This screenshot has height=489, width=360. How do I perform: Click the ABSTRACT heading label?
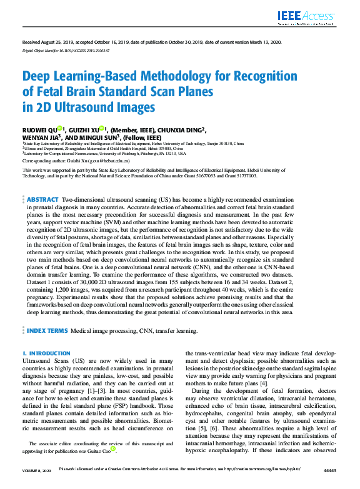42,199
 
